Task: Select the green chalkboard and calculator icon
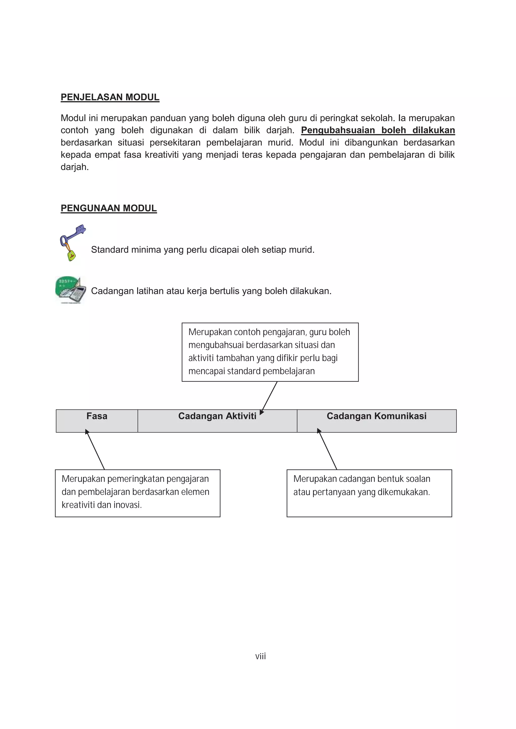(70, 290)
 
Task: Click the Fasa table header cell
(97, 420)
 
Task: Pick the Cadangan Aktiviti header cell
(217, 420)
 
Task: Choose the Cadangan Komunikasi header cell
(376, 420)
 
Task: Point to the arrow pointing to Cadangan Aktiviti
(269, 397)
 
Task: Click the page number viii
(260, 656)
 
